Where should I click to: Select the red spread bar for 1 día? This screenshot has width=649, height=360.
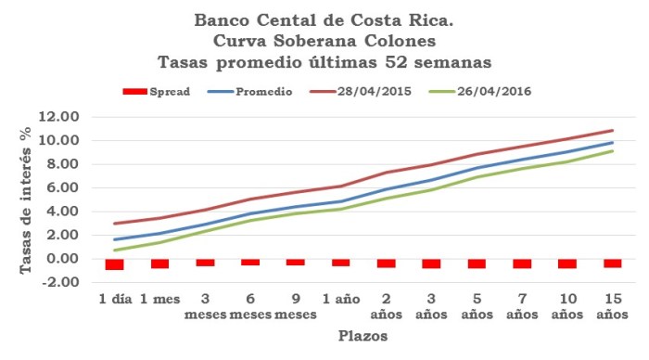point(115,264)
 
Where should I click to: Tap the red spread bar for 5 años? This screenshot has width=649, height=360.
point(477,264)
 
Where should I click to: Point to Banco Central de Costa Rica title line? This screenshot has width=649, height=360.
point(324,19)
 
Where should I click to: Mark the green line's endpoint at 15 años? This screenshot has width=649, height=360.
point(613,150)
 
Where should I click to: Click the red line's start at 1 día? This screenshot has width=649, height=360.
point(115,224)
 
